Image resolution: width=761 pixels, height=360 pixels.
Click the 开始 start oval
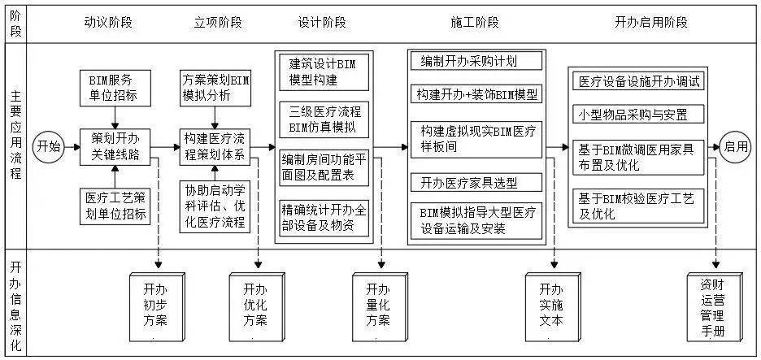tap(48, 146)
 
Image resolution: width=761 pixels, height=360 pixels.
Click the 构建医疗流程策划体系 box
tap(215, 147)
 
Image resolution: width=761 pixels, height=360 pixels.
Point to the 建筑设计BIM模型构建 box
tap(324, 73)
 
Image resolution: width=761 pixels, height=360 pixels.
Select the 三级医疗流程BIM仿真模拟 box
tap(324, 119)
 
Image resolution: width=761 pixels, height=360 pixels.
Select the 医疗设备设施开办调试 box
tap(640, 82)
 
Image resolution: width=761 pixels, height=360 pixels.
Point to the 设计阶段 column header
tap(324, 22)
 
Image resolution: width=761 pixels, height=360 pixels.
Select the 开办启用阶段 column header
tap(650, 22)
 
